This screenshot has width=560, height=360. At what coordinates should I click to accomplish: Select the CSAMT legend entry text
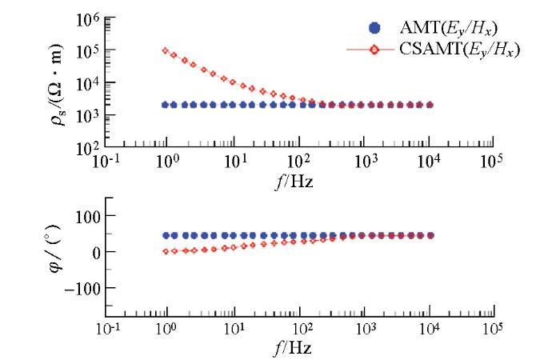[x=459, y=50]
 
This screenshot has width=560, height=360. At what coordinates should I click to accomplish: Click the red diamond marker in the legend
[x=374, y=50]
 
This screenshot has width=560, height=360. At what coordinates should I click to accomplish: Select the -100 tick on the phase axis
[x=78, y=287]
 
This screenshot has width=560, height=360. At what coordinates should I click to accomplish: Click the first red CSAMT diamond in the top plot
[x=166, y=50]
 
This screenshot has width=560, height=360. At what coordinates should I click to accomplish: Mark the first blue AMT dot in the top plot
[x=166, y=105]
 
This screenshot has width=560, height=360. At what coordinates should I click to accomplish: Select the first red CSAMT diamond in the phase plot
[x=166, y=251]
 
